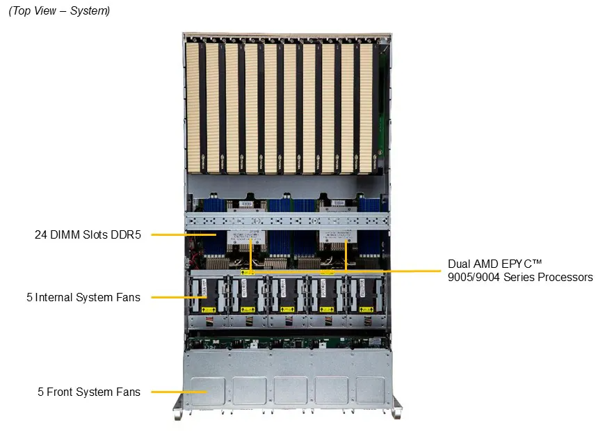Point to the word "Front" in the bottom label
coord(60,392)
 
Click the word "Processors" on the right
coord(566,278)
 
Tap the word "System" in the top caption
coord(90,11)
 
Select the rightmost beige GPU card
coord(366,104)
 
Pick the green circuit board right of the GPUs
coord(381,104)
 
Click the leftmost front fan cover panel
coord(207,391)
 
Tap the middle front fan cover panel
coord(290,391)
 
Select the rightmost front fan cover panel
coord(371,391)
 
